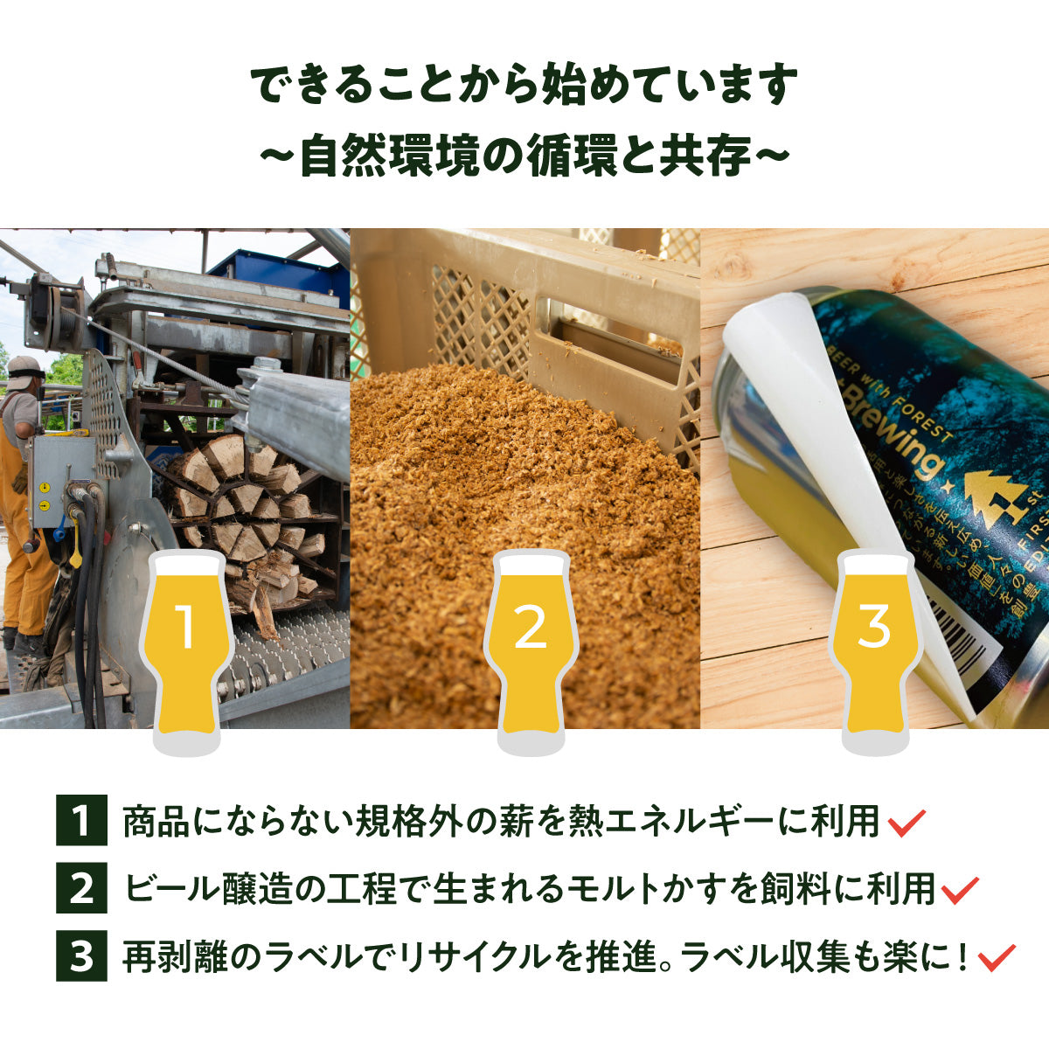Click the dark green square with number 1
pyautogui.click(x=81, y=821)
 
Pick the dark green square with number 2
pyautogui.click(x=81, y=889)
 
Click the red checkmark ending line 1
pyautogui.click(x=907, y=823)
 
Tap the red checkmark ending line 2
pyautogui.click(x=961, y=891)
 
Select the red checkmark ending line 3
pyautogui.click(x=997, y=957)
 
